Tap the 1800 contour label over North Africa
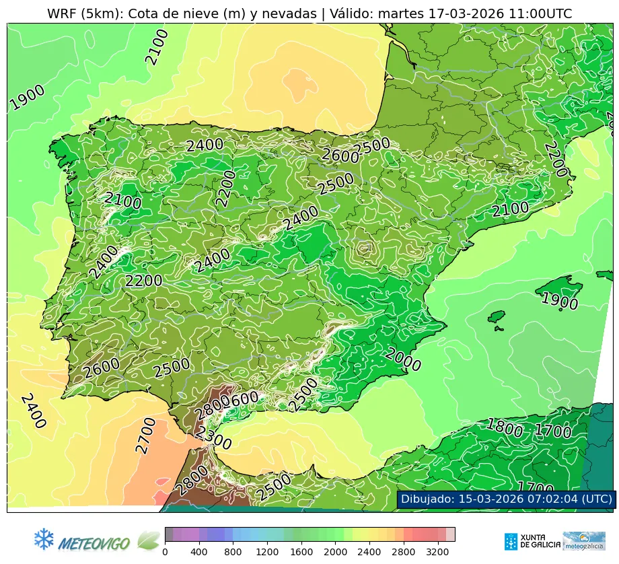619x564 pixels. (504, 428)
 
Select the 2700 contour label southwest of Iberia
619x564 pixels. (145, 435)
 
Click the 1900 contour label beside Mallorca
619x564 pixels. (560, 301)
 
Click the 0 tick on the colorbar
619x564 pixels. (165, 552)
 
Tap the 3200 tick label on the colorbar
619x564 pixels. (436, 552)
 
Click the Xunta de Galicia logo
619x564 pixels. (531, 541)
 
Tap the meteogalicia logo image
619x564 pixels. (583, 541)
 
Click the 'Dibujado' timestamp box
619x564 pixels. (506, 499)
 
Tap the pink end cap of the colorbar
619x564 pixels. (450, 534)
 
